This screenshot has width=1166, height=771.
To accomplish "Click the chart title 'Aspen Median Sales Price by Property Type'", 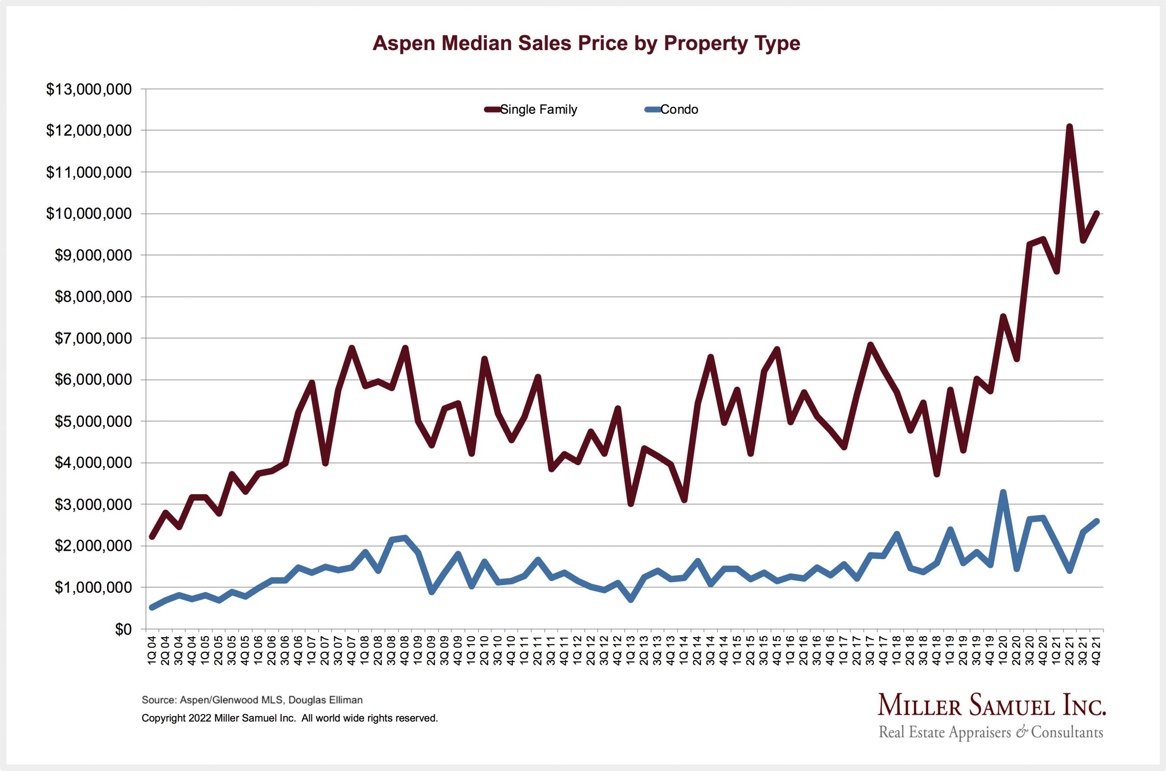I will [586, 43].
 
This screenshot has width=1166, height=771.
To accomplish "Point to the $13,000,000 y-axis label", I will [89, 89].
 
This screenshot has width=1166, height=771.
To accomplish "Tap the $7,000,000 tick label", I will [89, 338].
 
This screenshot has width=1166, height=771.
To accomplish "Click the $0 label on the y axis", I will [123, 629].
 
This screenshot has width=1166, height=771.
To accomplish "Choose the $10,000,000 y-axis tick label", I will [89, 214].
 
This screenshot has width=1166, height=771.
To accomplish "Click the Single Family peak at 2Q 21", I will [1069, 127].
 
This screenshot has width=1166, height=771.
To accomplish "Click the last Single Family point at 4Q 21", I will [1096, 213].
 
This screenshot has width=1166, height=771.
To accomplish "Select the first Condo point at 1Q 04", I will [153, 608].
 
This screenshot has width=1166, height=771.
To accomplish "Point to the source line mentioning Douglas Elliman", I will [252, 700].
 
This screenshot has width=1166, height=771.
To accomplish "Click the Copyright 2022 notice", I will [289, 718].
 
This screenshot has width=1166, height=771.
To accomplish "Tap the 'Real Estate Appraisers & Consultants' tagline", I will [991, 733].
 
